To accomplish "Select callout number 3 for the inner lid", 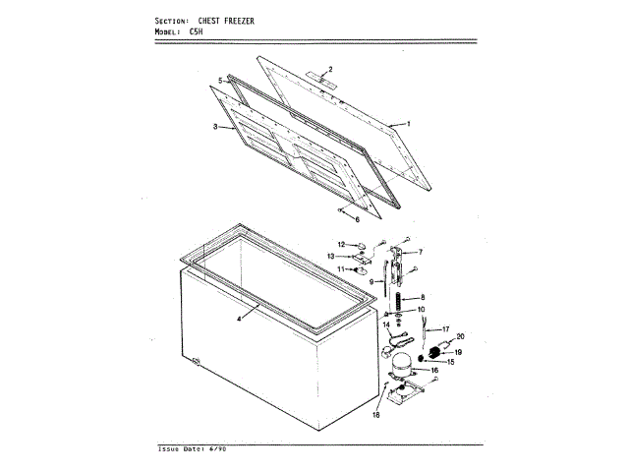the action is [x=215, y=127].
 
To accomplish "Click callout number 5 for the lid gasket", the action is [x=220, y=79].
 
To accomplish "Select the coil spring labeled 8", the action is [x=399, y=298].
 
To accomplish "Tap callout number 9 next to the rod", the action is [x=372, y=282].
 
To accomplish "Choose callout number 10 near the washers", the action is [x=422, y=310].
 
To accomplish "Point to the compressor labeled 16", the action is [x=401, y=364].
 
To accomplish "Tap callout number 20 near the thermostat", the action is [x=461, y=336].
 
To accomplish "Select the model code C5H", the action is [x=197, y=31].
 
